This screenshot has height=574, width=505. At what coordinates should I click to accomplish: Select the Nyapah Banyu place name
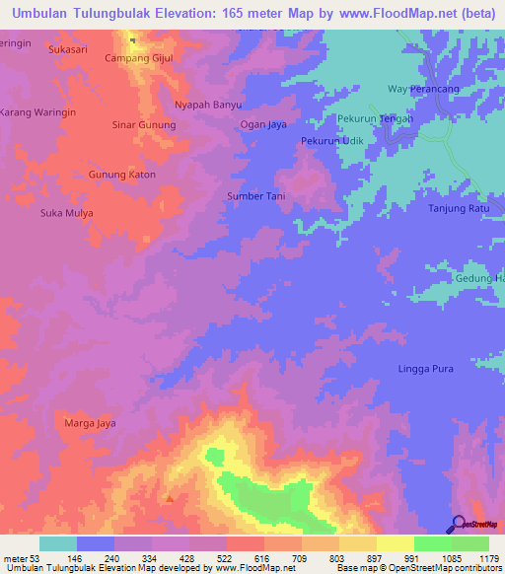point(207,104)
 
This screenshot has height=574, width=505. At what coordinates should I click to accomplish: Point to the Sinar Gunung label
point(144,125)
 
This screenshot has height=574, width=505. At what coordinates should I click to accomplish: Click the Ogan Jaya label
point(263,124)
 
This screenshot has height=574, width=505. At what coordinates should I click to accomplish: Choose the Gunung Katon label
point(122,175)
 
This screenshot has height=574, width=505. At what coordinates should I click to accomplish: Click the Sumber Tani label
point(256,196)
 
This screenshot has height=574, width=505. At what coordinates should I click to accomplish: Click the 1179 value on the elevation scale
point(490,559)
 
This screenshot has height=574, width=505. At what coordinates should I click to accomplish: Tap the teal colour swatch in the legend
point(58,543)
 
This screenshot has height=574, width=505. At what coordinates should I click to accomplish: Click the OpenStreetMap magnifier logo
point(457,524)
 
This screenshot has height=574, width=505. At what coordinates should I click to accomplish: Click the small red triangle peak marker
point(170,497)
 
